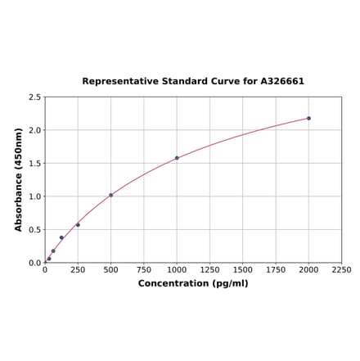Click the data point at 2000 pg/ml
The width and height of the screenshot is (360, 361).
[308, 118]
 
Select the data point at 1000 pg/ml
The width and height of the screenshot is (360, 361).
[177, 158]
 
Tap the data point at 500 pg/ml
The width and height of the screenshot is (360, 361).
[110, 195]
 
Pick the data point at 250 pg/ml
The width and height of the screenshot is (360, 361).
[78, 225]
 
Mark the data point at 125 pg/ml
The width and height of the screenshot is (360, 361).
[61, 238]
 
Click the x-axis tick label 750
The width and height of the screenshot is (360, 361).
[143, 269]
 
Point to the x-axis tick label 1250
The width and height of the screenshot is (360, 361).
[209, 269]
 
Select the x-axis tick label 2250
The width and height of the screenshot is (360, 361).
[341, 269]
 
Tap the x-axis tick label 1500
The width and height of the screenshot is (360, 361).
[242, 269]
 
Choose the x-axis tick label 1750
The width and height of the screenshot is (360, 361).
[276, 269]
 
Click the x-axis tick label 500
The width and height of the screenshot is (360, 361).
[110, 269]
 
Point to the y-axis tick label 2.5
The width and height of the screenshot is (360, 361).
[34, 97]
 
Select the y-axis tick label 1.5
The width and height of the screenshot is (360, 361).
[34, 164]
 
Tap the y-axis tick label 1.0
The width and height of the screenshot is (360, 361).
[34, 196]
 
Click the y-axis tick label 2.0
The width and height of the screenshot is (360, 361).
[34, 130]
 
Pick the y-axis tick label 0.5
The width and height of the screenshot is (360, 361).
[34, 230]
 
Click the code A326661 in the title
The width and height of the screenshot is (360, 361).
[282, 82]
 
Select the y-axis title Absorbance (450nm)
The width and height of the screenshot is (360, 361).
[19, 179]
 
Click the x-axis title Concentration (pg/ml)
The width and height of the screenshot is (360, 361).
[193, 283]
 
